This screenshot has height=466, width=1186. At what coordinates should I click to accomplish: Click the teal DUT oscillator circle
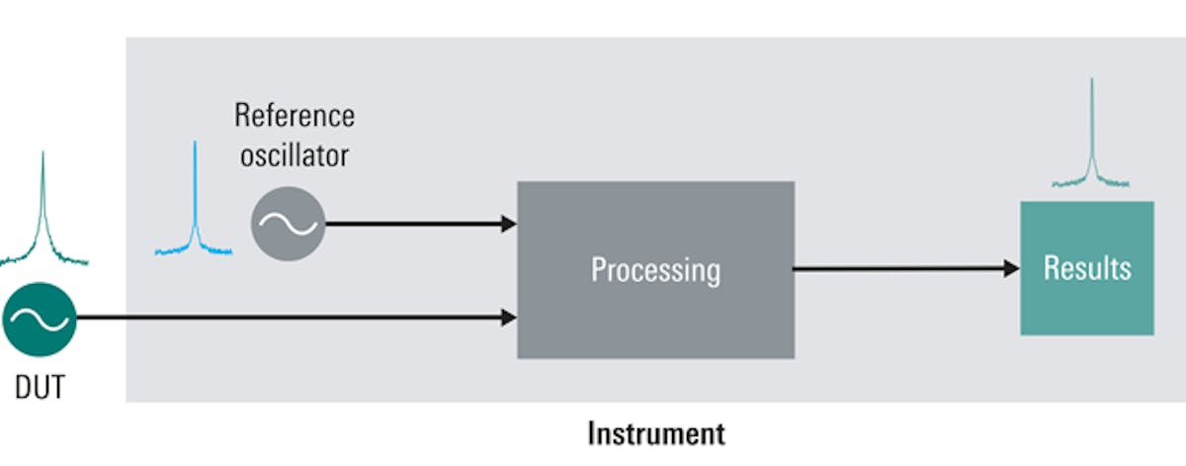(x=40, y=319)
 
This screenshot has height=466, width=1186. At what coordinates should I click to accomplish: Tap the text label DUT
(x=40, y=388)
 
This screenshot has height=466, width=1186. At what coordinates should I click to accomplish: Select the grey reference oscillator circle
(x=288, y=224)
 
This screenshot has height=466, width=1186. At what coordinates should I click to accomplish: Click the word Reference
(x=294, y=115)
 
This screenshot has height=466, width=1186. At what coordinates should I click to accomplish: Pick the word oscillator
(x=294, y=155)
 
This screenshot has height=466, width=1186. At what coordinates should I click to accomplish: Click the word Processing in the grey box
(x=655, y=269)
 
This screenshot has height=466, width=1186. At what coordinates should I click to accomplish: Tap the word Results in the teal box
(x=1086, y=268)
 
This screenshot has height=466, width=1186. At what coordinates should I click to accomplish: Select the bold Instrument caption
(x=655, y=433)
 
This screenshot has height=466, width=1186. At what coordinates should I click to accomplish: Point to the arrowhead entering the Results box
(x=1011, y=268)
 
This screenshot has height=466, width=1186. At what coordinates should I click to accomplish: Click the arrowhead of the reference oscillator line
(x=509, y=224)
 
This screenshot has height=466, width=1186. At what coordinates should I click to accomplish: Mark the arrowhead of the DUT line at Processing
(x=509, y=318)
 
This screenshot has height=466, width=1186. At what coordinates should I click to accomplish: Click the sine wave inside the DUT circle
(x=40, y=319)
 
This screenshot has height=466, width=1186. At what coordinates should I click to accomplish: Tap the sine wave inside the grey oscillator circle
(x=288, y=224)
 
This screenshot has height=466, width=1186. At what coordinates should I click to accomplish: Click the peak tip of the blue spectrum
(x=195, y=143)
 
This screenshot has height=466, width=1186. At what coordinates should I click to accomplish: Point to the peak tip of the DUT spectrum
(x=43, y=153)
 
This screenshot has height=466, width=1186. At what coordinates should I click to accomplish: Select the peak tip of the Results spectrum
(x=1091, y=79)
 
